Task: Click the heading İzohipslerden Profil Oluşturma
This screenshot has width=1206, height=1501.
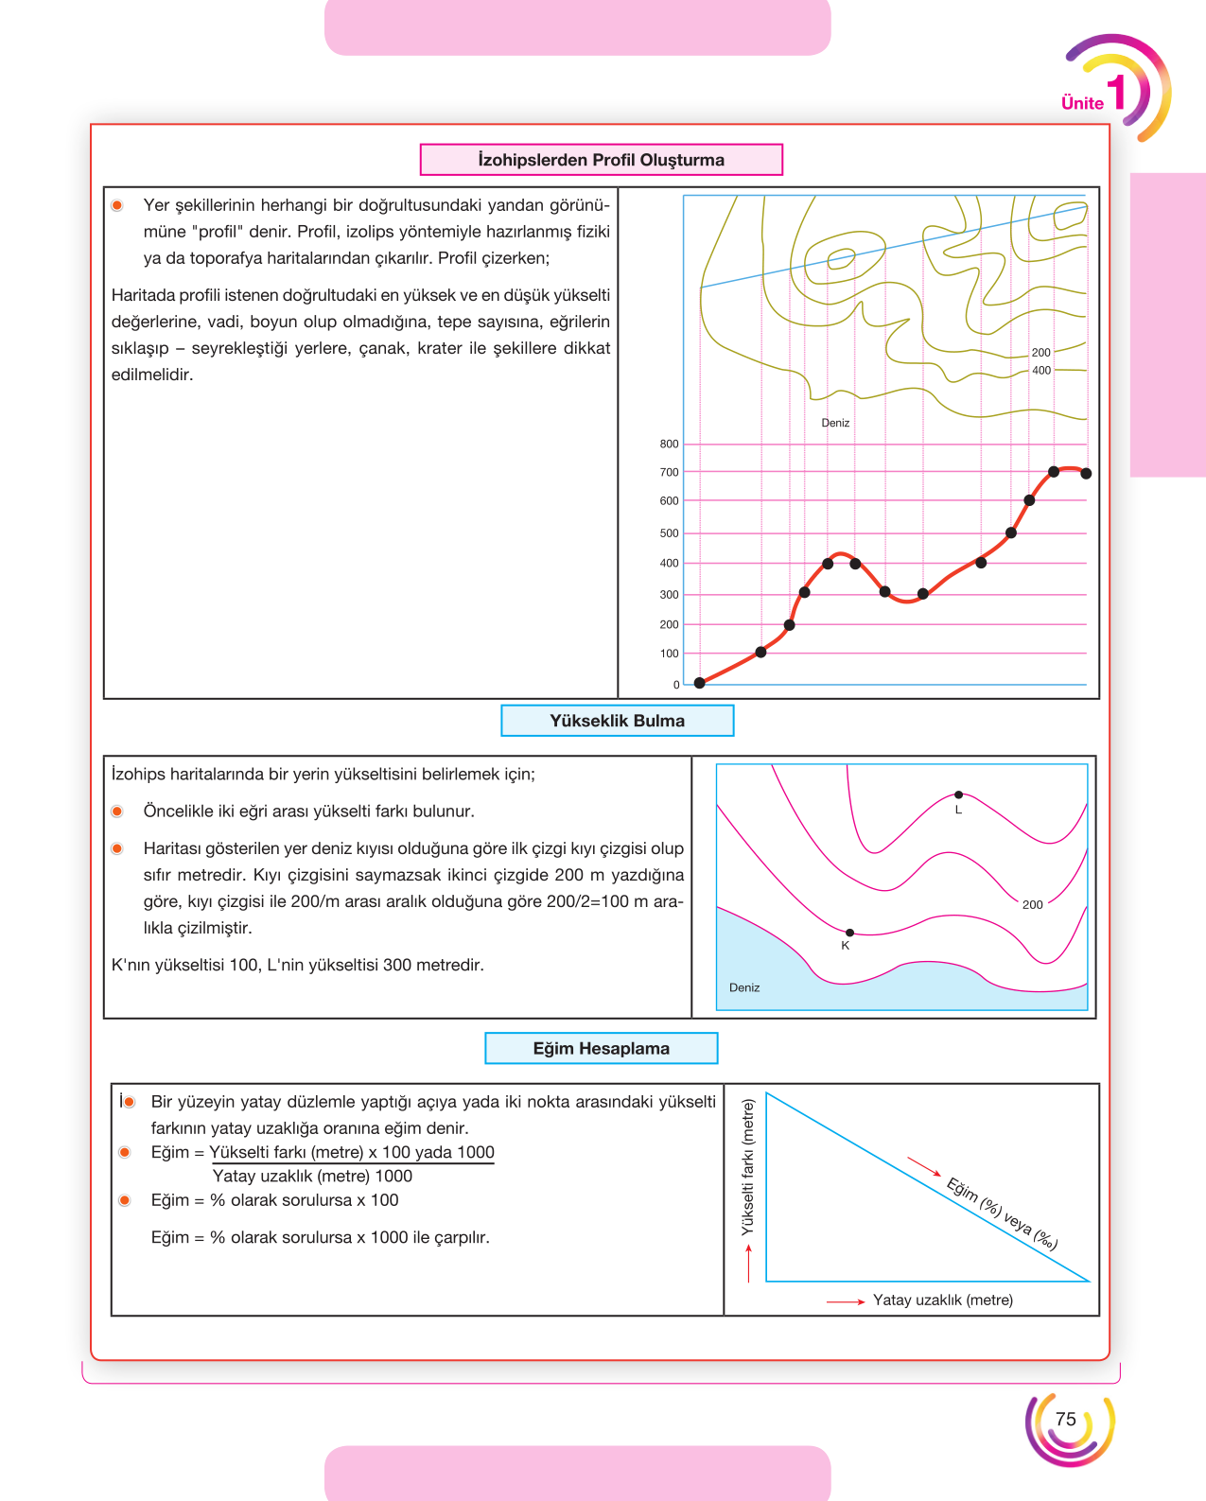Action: (x=601, y=160)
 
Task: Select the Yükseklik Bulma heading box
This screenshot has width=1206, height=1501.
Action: (x=618, y=721)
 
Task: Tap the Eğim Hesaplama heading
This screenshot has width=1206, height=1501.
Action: (x=602, y=1048)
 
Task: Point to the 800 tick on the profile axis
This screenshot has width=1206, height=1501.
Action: (x=669, y=444)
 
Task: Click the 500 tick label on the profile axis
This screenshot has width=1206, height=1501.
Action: (x=669, y=532)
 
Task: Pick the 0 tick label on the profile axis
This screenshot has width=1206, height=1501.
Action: (x=676, y=685)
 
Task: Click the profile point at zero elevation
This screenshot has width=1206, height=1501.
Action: (x=700, y=683)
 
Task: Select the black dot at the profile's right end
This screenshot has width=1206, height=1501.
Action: (x=1086, y=474)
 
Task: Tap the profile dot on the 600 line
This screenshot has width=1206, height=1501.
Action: (x=1029, y=500)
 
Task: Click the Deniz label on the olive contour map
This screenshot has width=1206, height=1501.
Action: (x=835, y=423)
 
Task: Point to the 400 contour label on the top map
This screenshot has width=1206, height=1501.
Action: (x=1041, y=371)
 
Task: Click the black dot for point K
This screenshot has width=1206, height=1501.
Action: (x=849, y=933)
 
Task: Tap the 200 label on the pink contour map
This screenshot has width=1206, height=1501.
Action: (x=1032, y=904)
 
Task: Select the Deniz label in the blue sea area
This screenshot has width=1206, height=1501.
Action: (x=744, y=987)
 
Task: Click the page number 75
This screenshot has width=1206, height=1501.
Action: (x=1066, y=1419)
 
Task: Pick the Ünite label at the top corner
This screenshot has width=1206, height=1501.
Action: (x=1082, y=103)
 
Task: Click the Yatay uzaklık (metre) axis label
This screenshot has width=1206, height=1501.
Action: (x=943, y=1300)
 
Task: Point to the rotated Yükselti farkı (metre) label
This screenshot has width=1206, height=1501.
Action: (x=748, y=1167)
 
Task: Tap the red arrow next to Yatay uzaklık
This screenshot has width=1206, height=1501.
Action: (x=846, y=1301)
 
